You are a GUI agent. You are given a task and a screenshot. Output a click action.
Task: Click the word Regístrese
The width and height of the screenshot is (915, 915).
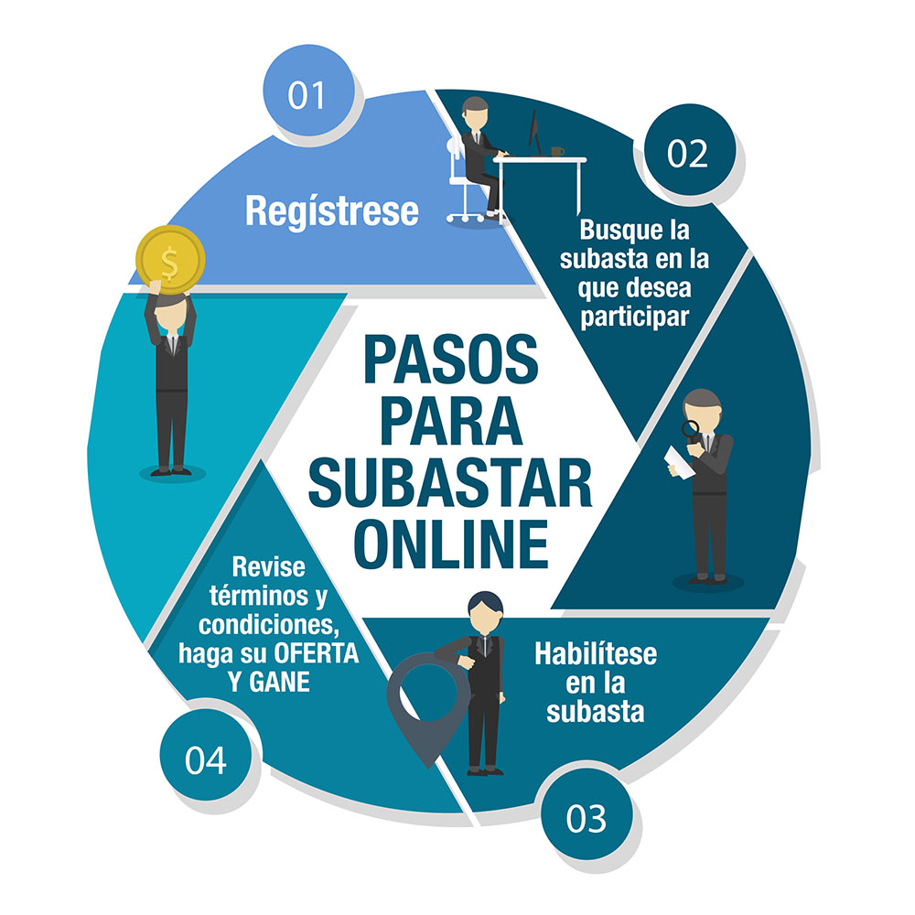(332, 211)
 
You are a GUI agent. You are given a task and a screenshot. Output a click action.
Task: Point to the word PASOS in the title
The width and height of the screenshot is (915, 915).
(450, 359)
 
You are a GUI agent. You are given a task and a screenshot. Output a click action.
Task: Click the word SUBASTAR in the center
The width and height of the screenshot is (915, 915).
(450, 482)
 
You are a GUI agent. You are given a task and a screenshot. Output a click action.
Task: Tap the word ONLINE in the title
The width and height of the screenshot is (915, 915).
(451, 544)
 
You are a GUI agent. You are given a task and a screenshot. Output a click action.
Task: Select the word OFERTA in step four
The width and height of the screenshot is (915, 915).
(316, 653)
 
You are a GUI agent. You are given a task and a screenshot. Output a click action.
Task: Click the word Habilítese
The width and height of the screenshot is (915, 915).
(596, 653)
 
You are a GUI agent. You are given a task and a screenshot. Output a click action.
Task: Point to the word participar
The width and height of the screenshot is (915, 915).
(635, 318)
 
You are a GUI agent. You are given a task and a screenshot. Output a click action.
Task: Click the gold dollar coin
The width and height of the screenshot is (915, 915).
(170, 260)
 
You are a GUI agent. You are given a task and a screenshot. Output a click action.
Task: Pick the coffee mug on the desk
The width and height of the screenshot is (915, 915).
(557, 152)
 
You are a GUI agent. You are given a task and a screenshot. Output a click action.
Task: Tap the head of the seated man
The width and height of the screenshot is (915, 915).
(474, 113)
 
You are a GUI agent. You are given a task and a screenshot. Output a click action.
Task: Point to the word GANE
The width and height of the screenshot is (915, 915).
(279, 683)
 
